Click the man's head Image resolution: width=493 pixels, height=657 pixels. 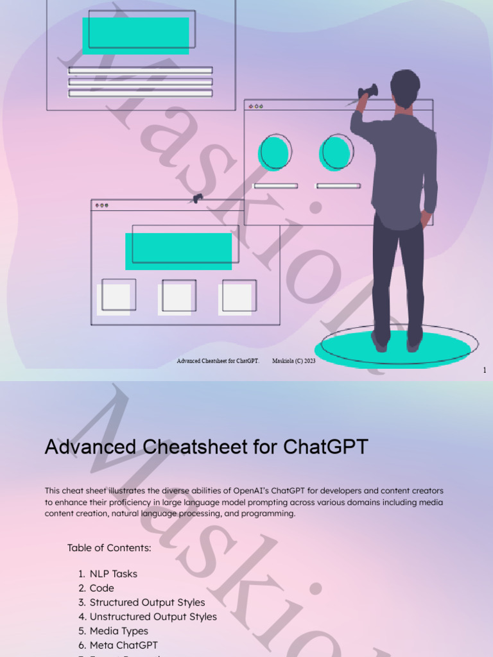(404, 87)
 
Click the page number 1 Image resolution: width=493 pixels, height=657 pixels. (485, 370)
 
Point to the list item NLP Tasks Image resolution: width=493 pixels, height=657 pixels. (113, 574)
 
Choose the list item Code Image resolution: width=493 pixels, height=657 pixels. (101, 588)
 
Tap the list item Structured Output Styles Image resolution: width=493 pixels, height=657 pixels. (147, 602)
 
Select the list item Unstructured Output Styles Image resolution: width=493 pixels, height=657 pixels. (153, 617)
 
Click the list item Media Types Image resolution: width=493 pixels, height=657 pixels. (119, 631)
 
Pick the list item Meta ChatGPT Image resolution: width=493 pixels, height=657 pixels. (123, 645)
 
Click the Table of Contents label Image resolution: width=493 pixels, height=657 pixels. (109, 548)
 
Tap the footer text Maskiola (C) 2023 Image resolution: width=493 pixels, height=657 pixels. (294, 361)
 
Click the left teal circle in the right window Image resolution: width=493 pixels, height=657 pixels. (273, 153)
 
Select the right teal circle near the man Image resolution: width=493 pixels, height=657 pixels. (335, 153)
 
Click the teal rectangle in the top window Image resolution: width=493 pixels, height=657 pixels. (135, 36)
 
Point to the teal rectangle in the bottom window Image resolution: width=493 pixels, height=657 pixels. (178, 251)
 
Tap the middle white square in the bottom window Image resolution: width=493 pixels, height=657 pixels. (175, 298)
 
